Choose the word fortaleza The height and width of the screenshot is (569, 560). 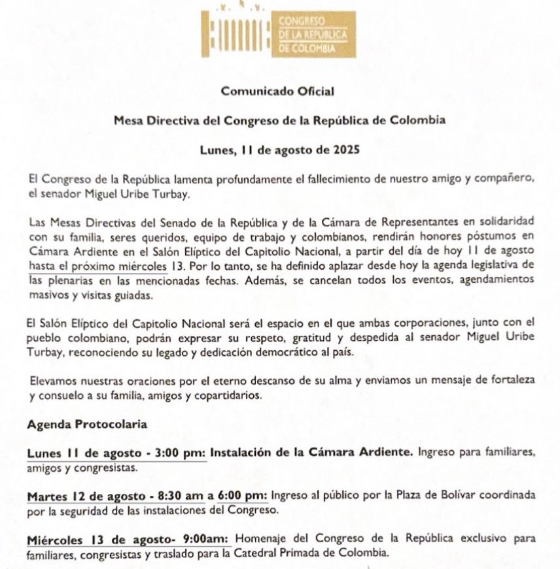pyautogui.click(x=508, y=381)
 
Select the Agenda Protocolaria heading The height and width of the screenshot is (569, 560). pyautogui.click(x=87, y=424)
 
